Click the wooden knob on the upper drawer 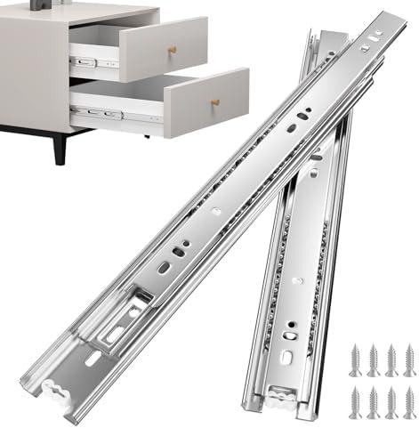click(173, 50)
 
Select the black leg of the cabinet click(59, 146)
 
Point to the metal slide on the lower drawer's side click(99, 114)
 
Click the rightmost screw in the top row click(407, 358)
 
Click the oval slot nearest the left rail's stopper click(93, 360)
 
